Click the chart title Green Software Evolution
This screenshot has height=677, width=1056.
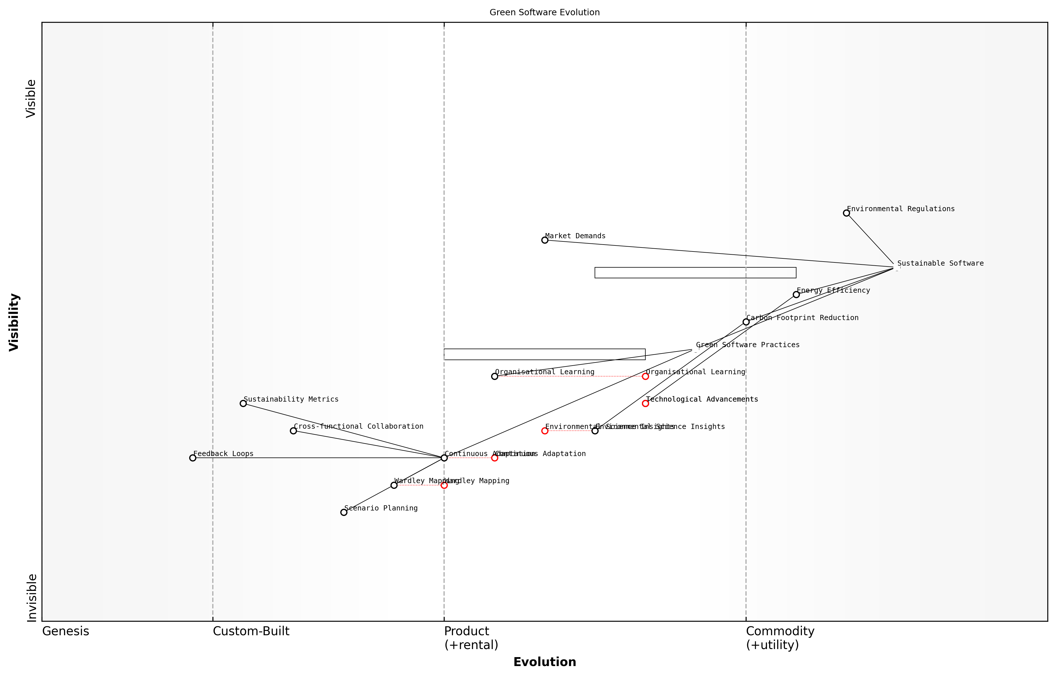point(544,12)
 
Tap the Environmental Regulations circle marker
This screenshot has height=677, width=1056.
point(846,213)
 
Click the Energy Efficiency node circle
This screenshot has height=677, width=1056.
point(796,294)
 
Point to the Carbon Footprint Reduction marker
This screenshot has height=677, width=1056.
point(746,322)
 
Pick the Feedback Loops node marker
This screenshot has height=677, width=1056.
point(193,458)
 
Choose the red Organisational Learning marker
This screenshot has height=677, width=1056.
point(645,376)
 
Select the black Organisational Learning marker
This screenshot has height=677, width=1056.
point(495,376)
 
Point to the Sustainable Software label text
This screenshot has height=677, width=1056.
point(940,263)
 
